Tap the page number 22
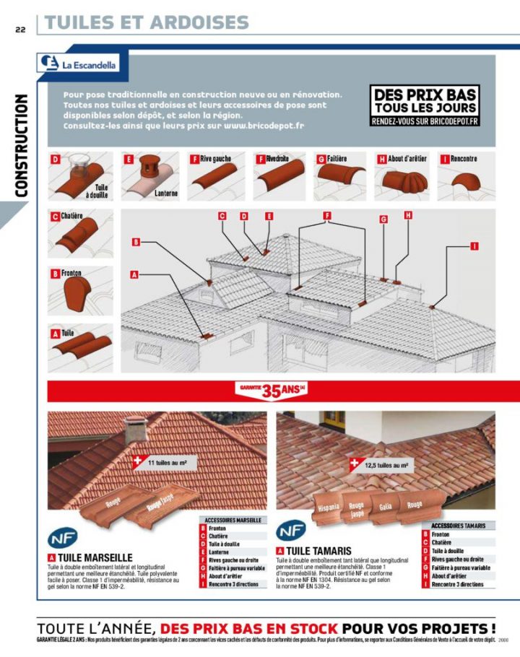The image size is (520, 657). [x=19, y=30]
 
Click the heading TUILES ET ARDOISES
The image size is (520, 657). [x=147, y=22]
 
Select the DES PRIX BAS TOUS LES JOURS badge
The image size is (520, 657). [x=424, y=106]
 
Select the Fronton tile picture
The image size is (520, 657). [x=77, y=292]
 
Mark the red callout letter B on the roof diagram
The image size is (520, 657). [x=135, y=243]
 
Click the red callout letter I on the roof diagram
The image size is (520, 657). [x=474, y=246]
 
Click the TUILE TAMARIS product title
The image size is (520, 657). [x=318, y=551]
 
